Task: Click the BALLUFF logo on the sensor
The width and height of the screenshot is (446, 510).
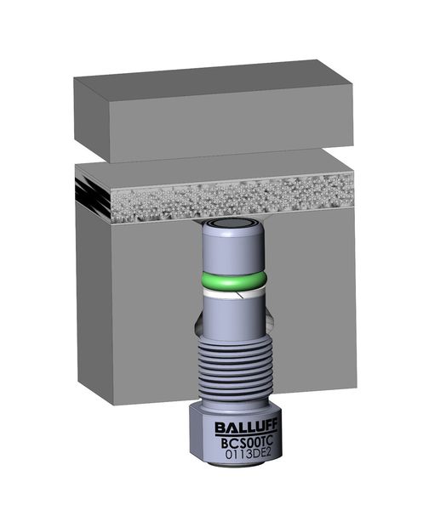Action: [246, 428]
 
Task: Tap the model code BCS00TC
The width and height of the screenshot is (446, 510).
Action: [246, 443]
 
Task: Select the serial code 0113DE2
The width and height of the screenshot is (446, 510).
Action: [249, 454]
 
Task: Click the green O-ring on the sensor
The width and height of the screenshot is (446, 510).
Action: [234, 280]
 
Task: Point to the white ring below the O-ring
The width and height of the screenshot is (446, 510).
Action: [234, 294]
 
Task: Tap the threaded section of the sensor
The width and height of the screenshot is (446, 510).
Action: [234, 367]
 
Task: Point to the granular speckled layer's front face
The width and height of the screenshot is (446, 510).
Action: [232, 199]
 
